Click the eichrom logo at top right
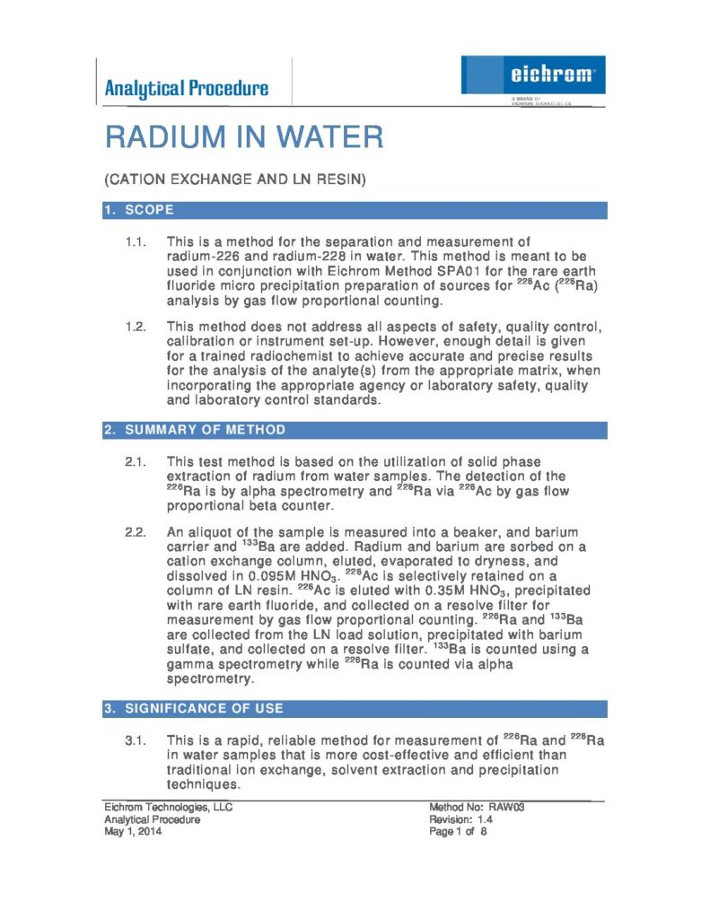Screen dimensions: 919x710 pos(533,74)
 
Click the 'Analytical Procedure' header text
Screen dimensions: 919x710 pos(186,88)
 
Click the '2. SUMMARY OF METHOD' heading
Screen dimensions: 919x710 pos(195,431)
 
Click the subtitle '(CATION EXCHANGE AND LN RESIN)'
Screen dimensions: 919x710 pos(235,180)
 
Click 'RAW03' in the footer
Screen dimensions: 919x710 pos(506,807)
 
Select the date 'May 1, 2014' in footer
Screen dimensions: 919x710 pos(134,832)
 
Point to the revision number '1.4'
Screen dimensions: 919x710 pos(485,819)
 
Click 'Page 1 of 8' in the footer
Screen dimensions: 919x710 pos(458,832)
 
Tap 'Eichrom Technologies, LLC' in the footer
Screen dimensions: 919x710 pos(168,807)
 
